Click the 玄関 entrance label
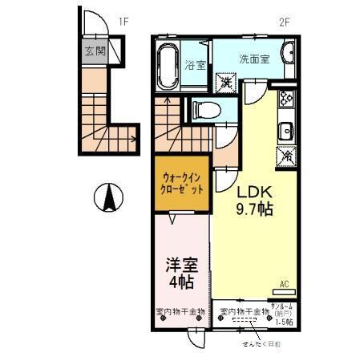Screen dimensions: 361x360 point(95,51)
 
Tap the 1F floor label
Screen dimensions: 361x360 point(123,22)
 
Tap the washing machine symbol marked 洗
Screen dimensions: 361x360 point(227,82)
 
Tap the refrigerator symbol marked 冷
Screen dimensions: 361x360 point(285,157)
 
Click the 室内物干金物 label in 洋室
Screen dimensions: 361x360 point(180,310)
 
